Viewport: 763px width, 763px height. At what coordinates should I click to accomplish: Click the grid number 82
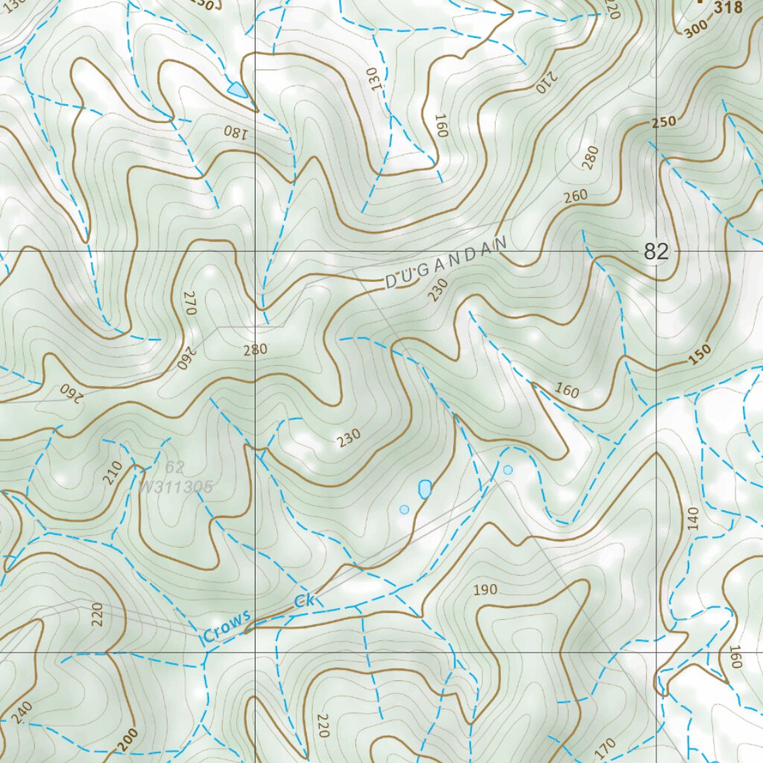(x=656, y=252)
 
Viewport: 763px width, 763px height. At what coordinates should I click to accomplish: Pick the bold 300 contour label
(x=694, y=27)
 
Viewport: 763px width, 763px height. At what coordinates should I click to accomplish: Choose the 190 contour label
(x=485, y=590)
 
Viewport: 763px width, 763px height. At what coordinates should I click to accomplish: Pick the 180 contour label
(x=232, y=132)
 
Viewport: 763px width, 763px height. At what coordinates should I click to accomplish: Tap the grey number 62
(x=175, y=467)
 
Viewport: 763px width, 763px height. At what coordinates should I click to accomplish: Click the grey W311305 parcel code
(x=176, y=487)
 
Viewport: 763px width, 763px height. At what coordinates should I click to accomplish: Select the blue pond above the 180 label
(x=237, y=90)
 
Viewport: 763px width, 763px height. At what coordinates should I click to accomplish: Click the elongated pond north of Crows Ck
(x=425, y=489)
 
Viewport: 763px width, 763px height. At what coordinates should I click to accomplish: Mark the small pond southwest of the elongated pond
(x=404, y=510)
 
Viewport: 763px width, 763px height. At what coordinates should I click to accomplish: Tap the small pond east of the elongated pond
(x=507, y=469)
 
